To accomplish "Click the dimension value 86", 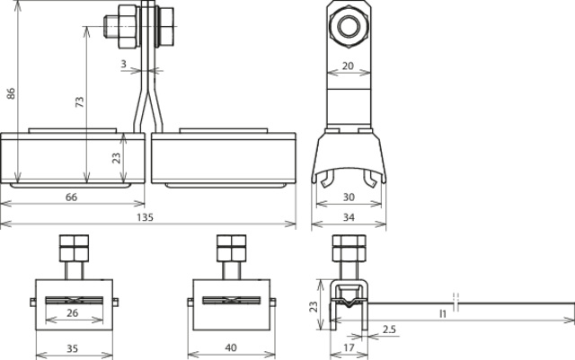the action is [12, 93].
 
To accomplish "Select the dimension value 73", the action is [80, 101].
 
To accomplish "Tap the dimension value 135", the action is [145, 217].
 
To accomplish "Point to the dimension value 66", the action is [72, 198].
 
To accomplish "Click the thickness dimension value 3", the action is [124, 64].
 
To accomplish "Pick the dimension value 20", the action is [348, 66].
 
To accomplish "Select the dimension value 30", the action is [349, 198].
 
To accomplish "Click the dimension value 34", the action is [349, 217].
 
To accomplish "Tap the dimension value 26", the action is [73, 312].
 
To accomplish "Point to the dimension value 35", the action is [72, 348].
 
